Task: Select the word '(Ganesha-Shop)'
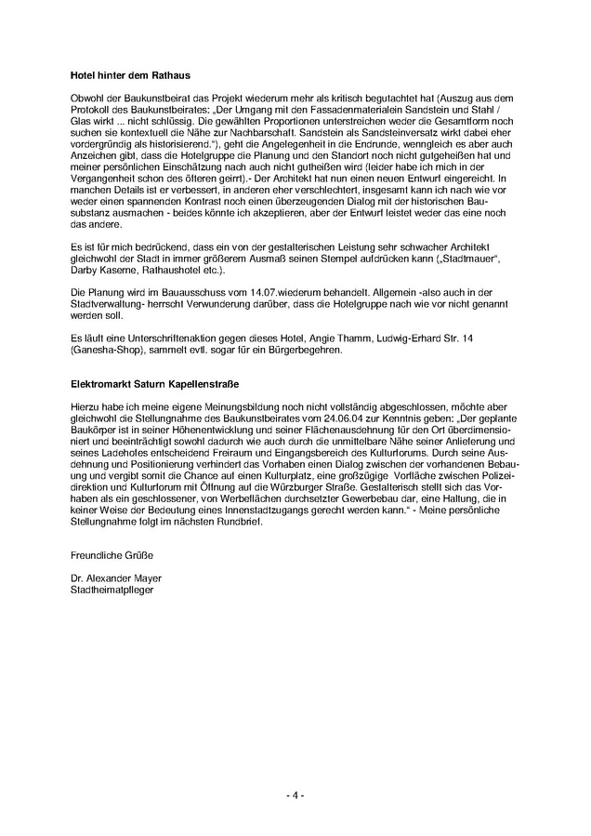[103, 350]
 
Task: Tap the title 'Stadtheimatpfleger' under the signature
[111, 590]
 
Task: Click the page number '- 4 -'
[295, 795]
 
